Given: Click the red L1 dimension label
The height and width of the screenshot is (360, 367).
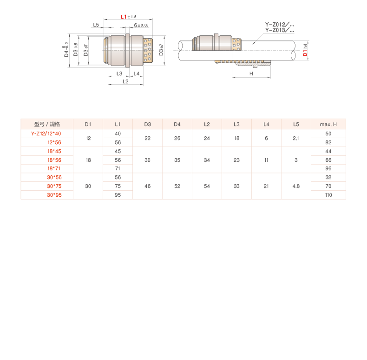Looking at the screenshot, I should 123,17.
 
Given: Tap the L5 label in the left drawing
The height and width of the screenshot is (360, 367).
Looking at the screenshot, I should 96,25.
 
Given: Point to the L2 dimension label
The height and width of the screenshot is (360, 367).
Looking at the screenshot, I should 125,81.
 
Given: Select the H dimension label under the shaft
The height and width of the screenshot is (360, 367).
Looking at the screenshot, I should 251,73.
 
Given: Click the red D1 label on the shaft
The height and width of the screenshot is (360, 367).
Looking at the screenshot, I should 305,50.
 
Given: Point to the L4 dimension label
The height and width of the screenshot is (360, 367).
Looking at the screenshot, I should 137,73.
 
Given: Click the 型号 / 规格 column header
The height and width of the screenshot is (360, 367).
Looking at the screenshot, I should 47,124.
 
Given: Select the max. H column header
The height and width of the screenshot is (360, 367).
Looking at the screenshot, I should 328,124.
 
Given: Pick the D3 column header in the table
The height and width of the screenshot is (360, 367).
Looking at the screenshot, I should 147,124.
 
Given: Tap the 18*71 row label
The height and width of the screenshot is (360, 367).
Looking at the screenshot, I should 54,168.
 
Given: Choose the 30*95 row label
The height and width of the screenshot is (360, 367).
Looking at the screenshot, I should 54,195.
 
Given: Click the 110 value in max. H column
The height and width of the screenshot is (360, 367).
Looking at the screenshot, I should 328,195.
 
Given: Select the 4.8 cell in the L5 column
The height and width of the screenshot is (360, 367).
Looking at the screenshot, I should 296,186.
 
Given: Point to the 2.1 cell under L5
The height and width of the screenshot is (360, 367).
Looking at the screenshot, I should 296,138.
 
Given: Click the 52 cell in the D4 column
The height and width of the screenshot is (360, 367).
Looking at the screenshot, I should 177,186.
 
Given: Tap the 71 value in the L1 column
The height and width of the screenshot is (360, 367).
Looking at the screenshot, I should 118,168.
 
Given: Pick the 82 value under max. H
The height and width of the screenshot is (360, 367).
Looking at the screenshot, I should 328,142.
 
